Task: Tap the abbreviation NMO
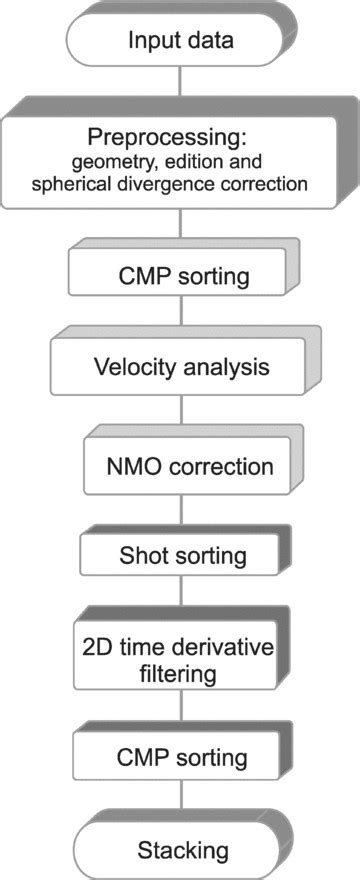[131, 465]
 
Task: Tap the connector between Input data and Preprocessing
[180, 88]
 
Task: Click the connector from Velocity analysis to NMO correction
[180, 414]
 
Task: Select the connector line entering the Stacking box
[180, 804]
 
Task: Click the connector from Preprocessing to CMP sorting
[180, 228]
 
